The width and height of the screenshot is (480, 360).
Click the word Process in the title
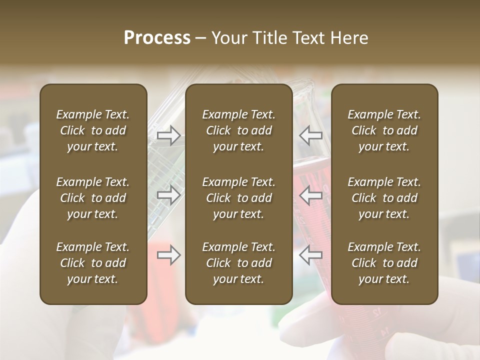(157, 38)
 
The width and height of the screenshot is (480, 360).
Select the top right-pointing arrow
(169, 135)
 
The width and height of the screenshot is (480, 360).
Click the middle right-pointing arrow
(169, 195)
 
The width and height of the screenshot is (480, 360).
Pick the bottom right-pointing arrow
(169, 255)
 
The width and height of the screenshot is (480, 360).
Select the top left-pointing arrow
(311, 135)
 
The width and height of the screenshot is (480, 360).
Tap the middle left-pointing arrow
(311, 195)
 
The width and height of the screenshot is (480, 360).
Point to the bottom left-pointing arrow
(311, 255)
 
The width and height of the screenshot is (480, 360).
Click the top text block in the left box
(93, 130)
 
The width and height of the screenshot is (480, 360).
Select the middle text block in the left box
(93, 198)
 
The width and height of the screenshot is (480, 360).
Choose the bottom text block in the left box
(93, 263)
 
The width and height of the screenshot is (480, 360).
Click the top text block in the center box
(238, 130)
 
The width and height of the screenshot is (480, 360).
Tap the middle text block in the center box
(238, 198)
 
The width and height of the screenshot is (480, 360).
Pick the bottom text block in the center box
(238, 263)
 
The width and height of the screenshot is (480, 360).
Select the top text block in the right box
(384, 130)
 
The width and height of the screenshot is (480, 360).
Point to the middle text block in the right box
(384, 198)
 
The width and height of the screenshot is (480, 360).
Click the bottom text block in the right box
(384, 263)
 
